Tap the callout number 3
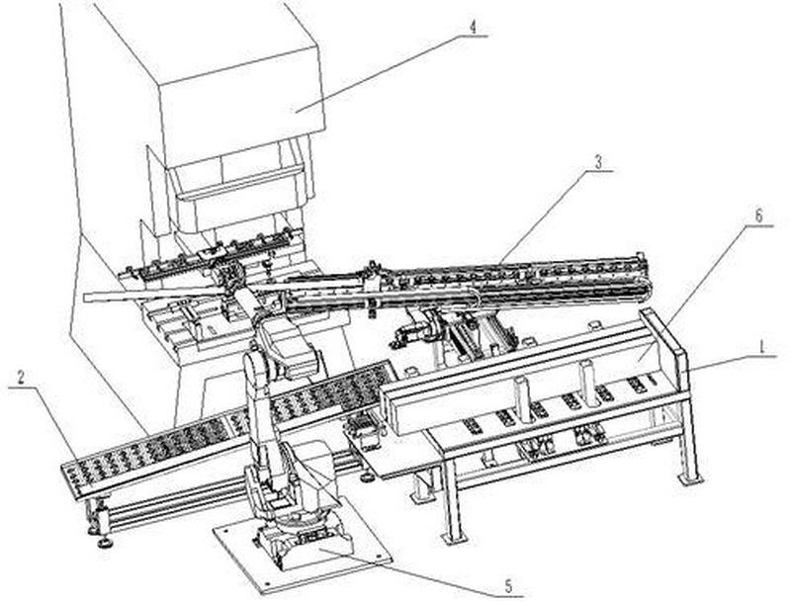(x=597, y=161)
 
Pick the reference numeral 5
(x=507, y=587)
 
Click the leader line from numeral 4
(x=376, y=70)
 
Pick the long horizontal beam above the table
(x=524, y=381)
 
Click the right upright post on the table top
(x=587, y=381)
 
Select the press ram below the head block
(x=237, y=198)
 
